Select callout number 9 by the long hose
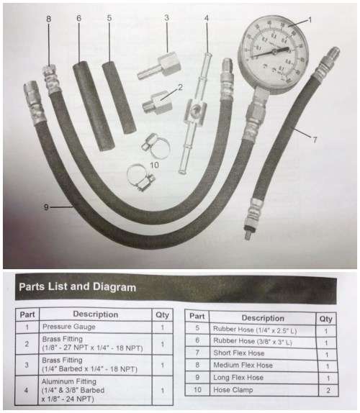(x=45, y=207)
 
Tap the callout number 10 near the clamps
(x=155, y=165)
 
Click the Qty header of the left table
(x=162, y=314)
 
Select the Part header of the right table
(x=197, y=317)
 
